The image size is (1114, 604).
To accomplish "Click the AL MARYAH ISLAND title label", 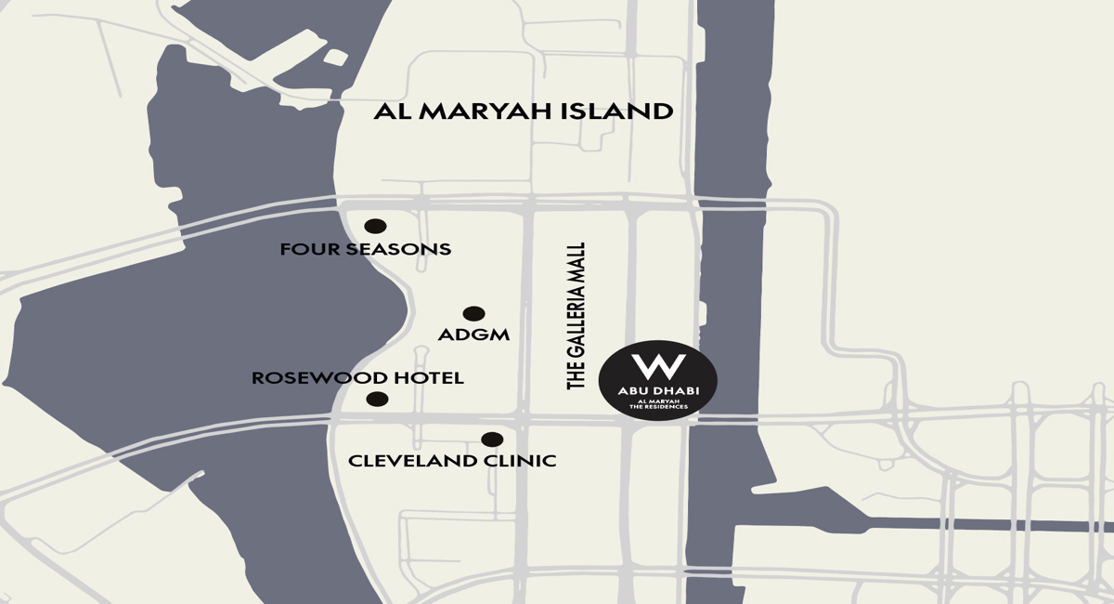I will pos(523,112).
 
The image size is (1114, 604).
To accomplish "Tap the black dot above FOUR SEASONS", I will pos(375,226).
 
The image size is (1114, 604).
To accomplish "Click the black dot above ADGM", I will pos(473,314).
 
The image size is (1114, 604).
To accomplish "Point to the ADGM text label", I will pos(473,335).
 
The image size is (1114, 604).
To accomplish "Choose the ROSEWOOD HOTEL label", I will pos(357,378).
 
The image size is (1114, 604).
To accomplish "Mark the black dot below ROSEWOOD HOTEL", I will pos(377,400).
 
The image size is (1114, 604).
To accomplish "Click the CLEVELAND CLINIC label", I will pos(452,460).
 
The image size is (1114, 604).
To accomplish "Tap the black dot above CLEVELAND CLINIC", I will pos(492,440).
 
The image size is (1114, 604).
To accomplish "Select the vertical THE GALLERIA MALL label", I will pos(577,316).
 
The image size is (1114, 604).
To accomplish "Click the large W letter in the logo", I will pos(657,364).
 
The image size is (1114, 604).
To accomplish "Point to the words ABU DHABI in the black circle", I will pos(657,389).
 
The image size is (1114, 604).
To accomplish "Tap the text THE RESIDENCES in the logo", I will pos(658,407).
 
